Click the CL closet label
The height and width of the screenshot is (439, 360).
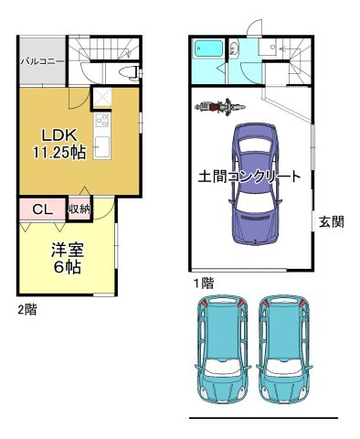pyautogui.click(x=42, y=209)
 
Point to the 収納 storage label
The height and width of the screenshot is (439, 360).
pyautogui.click(x=79, y=209)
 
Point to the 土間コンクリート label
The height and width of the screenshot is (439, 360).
pyautogui.click(x=249, y=177)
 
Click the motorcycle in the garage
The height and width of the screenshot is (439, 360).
pyautogui.click(x=212, y=108)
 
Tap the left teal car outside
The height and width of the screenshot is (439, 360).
pyautogui.click(x=222, y=352)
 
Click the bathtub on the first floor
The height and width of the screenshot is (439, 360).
pyautogui.click(x=209, y=51)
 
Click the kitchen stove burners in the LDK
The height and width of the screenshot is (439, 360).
pyautogui.click(x=101, y=121)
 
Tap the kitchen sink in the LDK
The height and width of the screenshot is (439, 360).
pyautogui.click(x=101, y=145)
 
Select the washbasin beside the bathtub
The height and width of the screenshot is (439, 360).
pyautogui.click(x=234, y=50)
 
